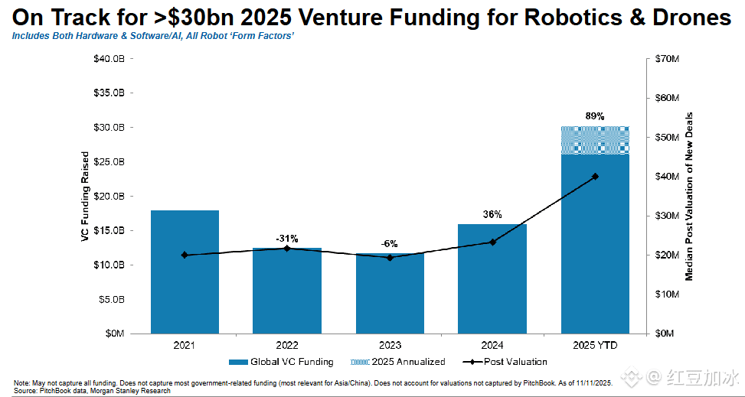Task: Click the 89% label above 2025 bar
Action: (595, 116)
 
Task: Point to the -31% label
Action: (287, 238)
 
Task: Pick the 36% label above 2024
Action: (492, 214)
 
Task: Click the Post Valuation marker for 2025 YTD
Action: (595, 177)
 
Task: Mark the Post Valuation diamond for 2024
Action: (492, 242)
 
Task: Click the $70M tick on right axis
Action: (663, 59)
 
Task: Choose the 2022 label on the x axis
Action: (287, 346)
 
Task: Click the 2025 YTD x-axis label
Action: (595, 346)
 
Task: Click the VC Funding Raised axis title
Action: (86, 197)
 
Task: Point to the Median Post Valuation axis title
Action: (689, 196)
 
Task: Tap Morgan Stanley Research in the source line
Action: (139, 391)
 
